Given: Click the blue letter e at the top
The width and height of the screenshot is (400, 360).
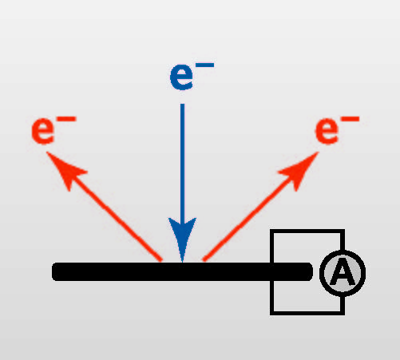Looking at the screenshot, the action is coord(181,77).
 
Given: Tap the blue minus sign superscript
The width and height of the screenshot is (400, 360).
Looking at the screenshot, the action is coord(204,65).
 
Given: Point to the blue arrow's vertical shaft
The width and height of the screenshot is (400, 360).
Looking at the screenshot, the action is coord(182,162).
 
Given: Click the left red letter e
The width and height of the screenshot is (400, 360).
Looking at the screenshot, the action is coord(43,132).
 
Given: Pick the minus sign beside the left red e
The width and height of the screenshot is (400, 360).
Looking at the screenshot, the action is coord(66,119).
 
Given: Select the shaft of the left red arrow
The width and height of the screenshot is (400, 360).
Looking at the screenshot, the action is coord(114,218).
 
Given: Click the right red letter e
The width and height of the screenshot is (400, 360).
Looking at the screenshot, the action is coord(327,132).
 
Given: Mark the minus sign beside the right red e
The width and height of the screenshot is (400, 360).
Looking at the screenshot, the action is coord(350,119).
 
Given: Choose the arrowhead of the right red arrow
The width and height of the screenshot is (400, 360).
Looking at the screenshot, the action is coord(301,169).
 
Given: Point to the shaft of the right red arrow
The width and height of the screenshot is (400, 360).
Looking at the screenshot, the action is coord(249,218).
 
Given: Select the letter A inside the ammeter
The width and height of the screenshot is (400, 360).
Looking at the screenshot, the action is coord(343,272).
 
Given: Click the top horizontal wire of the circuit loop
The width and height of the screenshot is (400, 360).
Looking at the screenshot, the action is coord(307,231).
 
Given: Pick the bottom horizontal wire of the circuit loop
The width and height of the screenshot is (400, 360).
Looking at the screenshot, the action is coord(307,313).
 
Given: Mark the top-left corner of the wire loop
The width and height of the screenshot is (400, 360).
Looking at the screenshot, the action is coord(272,231).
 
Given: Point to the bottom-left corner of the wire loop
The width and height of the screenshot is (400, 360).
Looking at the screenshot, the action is coord(272,313).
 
